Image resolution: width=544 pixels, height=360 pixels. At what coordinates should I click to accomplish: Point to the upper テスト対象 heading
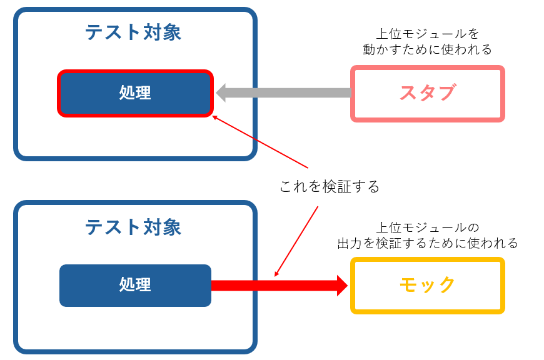click(133, 32)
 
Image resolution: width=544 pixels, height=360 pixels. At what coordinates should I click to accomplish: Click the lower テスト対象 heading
click(133, 226)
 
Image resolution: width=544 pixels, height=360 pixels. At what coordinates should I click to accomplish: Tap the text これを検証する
click(330, 186)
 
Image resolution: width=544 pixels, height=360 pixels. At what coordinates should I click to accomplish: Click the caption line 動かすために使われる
click(428, 49)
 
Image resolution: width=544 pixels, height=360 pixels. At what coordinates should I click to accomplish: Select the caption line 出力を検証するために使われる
click(428, 243)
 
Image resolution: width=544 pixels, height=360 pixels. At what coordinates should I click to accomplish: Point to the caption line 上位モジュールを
click(428, 33)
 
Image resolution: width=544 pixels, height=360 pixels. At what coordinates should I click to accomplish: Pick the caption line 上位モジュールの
click(428, 227)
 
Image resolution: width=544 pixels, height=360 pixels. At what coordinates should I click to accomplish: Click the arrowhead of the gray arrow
click(222, 93)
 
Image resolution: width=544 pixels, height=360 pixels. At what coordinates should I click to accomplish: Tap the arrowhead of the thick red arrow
click(342, 286)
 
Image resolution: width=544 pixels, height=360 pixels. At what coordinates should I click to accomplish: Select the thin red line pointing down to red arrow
click(296, 241)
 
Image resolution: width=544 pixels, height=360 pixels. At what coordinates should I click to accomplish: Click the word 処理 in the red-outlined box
click(135, 93)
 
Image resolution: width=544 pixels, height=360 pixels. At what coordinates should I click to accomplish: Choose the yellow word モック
click(428, 285)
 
